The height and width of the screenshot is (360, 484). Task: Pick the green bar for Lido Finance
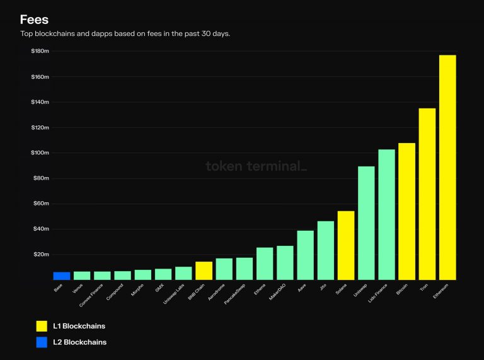[386, 214]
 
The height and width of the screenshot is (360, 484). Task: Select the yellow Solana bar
[346, 245]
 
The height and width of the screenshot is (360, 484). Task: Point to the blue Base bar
[62, 276]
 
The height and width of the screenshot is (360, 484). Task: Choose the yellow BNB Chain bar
[204, 270]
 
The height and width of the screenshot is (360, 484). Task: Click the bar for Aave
[305, 255]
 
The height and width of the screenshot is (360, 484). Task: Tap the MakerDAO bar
[285, 262]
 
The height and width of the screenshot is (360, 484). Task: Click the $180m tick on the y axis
[40, 51]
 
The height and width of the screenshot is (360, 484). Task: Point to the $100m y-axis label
[40, 153]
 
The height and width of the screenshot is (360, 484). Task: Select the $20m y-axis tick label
[41, 254]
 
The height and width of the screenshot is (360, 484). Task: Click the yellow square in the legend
[42, 326]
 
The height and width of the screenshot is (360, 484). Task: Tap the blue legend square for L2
[42, 342]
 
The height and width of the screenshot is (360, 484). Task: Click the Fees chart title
[34, 20]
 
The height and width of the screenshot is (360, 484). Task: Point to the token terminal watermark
[256, 166]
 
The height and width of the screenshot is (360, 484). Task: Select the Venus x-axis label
[79, 289]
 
